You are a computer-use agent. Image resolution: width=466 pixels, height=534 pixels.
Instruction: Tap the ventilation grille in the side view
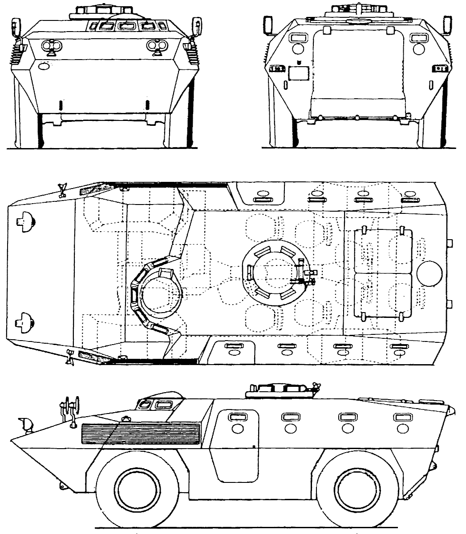141,434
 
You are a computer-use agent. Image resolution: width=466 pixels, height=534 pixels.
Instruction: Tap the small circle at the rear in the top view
430,272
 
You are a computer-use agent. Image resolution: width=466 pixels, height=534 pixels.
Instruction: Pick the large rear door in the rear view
359,71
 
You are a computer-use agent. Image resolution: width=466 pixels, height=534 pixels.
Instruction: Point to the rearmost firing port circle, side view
403,428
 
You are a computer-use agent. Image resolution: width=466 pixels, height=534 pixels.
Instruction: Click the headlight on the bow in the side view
26,424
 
